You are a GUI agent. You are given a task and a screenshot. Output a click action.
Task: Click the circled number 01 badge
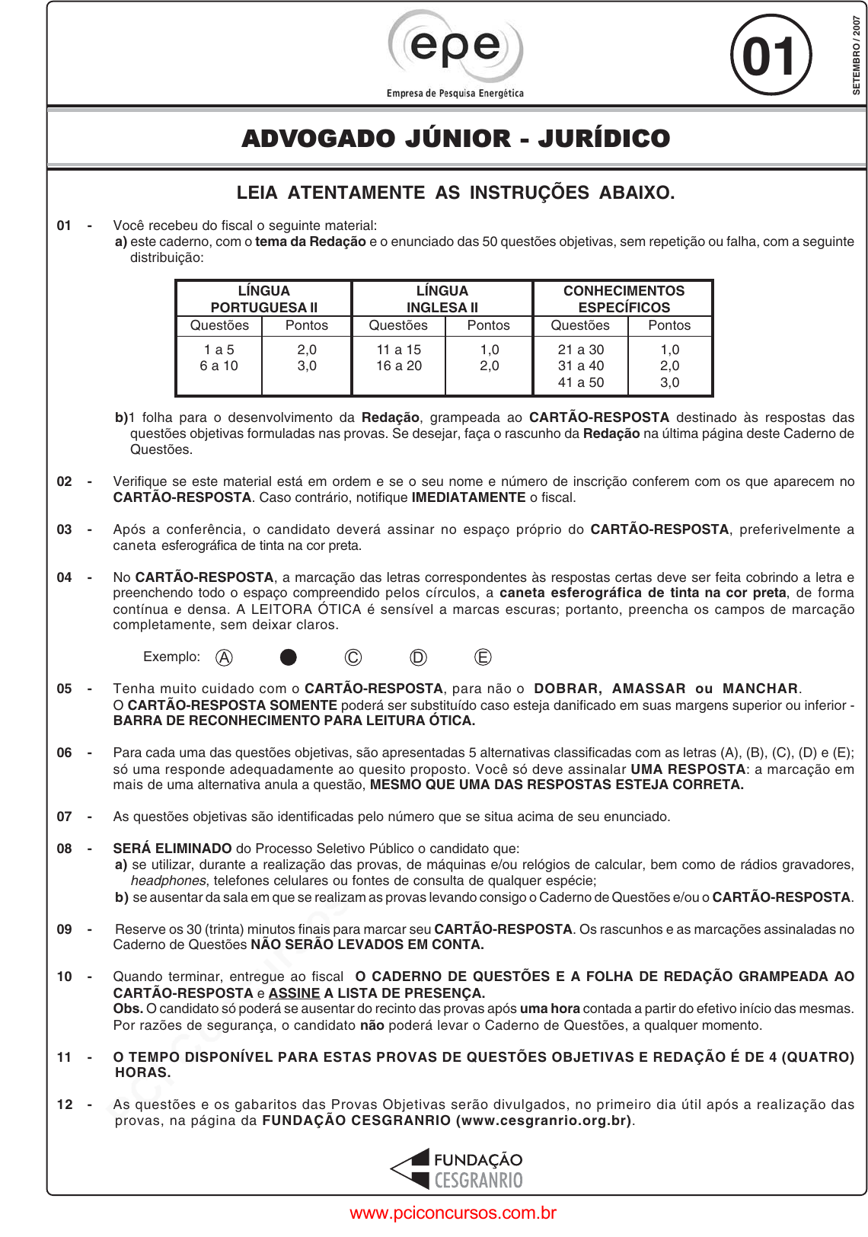771,56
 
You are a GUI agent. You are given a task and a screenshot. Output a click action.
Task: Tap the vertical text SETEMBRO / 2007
857,55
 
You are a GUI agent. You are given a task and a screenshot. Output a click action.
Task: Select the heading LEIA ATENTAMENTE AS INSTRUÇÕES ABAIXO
455,193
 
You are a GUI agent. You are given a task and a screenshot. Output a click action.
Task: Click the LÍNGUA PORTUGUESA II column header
264,299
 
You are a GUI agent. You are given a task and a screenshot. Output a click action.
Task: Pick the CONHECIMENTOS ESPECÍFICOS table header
624,299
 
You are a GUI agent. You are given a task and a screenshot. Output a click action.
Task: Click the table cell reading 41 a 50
581,382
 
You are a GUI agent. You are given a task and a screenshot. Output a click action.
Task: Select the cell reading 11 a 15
398,350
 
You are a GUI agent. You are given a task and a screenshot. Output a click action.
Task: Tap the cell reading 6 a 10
219,366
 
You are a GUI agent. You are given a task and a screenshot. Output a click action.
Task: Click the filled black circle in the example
289,657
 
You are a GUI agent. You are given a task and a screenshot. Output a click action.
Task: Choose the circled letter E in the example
483,657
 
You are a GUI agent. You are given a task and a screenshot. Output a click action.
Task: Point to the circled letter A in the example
224,657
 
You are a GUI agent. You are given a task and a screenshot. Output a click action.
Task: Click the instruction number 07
65,817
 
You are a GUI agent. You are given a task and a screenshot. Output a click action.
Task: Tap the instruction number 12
65,1104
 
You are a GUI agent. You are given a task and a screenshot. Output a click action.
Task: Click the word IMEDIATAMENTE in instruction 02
468,497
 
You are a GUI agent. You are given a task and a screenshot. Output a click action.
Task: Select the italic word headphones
168,881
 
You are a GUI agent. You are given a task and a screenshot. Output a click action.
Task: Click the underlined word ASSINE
294,993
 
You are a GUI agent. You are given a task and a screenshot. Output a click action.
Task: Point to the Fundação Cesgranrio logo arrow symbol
411,1169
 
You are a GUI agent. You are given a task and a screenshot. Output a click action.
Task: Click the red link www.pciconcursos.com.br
453,1213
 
